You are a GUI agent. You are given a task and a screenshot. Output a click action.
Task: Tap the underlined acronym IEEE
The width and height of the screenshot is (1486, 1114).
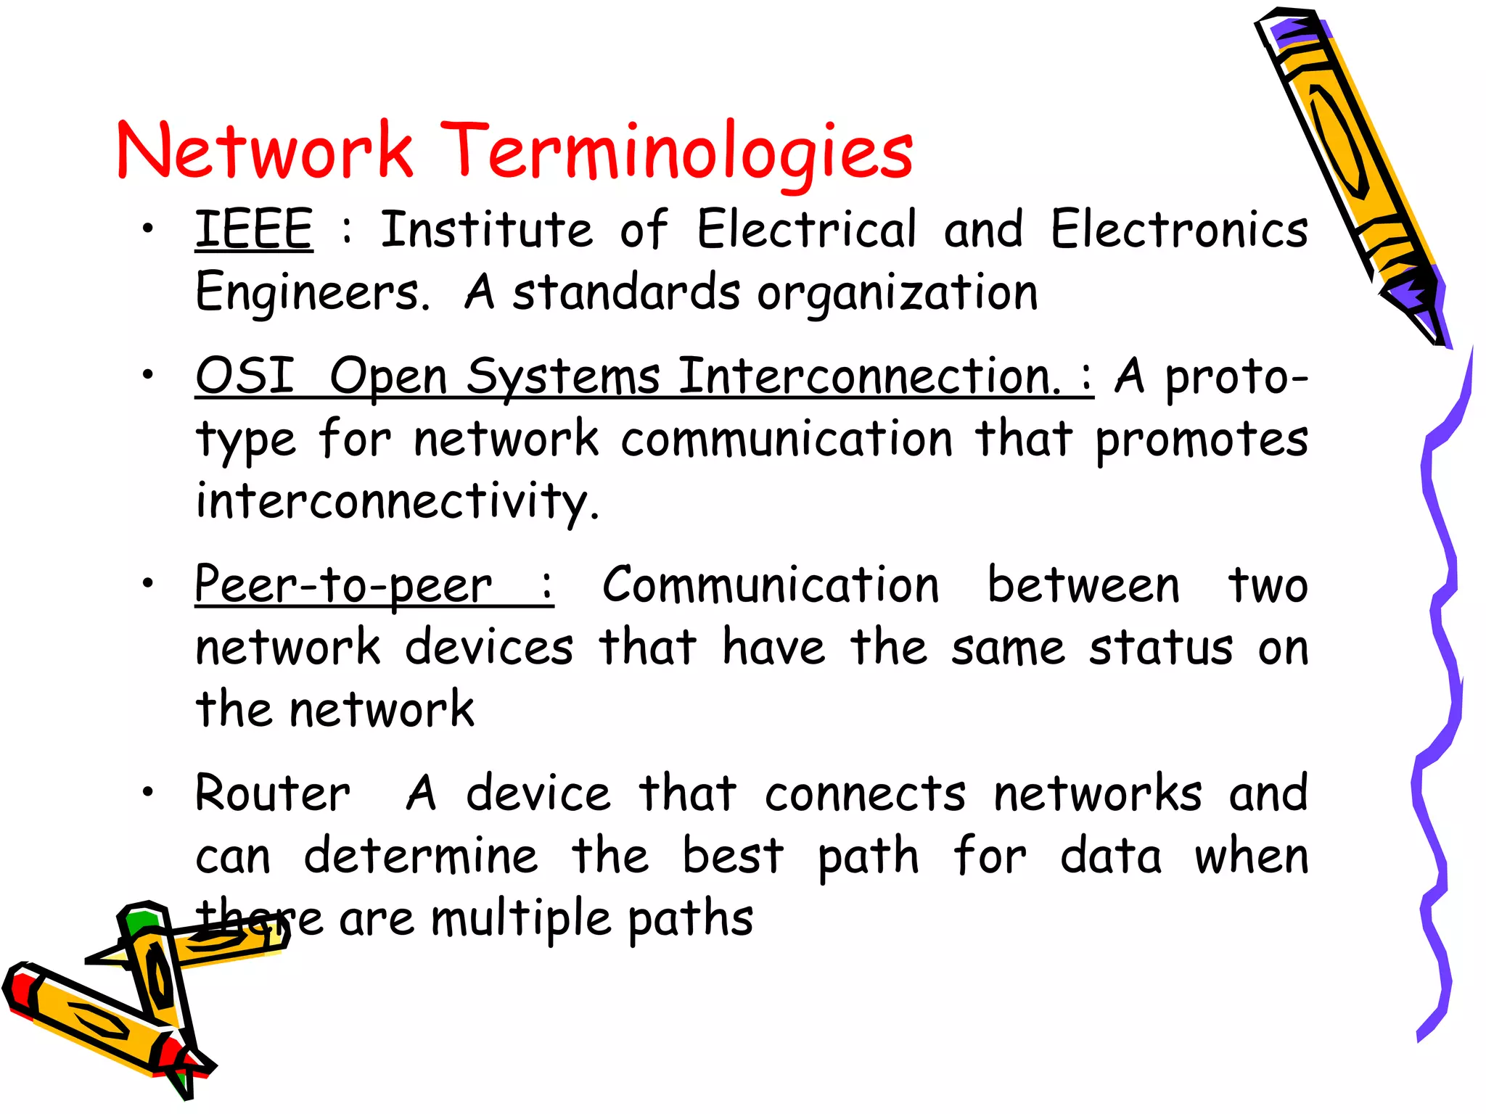254,229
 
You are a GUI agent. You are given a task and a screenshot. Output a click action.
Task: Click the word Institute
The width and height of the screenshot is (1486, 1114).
486,229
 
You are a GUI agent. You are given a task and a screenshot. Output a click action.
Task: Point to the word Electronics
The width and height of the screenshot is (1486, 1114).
1179,229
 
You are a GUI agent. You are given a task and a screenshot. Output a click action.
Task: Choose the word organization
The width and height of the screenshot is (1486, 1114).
898,293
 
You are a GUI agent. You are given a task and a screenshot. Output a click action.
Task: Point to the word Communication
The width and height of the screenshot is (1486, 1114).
771,585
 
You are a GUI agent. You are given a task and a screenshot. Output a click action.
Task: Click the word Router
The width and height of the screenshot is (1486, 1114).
273,793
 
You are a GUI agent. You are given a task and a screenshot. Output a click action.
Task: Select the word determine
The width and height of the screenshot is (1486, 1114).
421,856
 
